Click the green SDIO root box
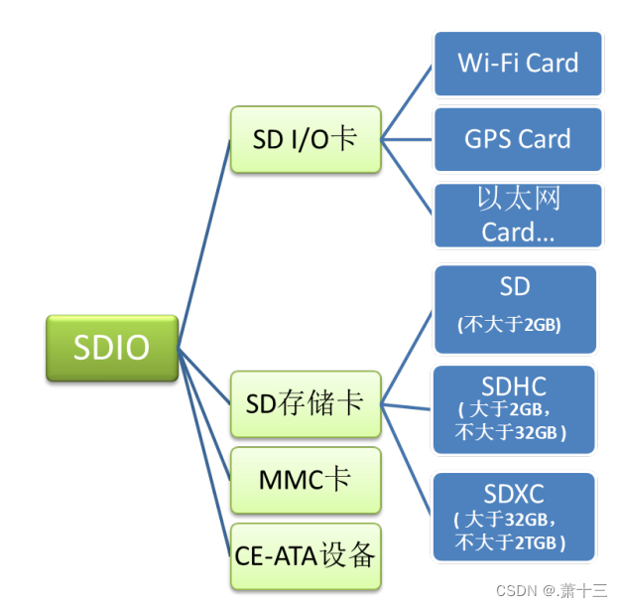pyautogui.click(x=111, y=349)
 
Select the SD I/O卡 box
pyautogui.click(x=305, y=140)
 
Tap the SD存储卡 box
pyautogui.click(x=305, y=404)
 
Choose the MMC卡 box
pyautogui.click(x=305, y=480)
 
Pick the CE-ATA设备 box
pyautogui.click(x=305, y=554)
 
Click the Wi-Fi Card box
pyautogui.click(x=518, y=64)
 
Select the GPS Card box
pyautogui.click(x=518, y=139)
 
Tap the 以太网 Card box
pyautogui.click(x=518, y=215)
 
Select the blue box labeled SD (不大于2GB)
pyautogui.click(x=515, y=308)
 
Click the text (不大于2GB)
pyautogui.click(x=515, y=325)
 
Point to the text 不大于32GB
pyautogui.click(x=510, y=432)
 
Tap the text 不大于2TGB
pyautogui.click(x=510, y=542)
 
